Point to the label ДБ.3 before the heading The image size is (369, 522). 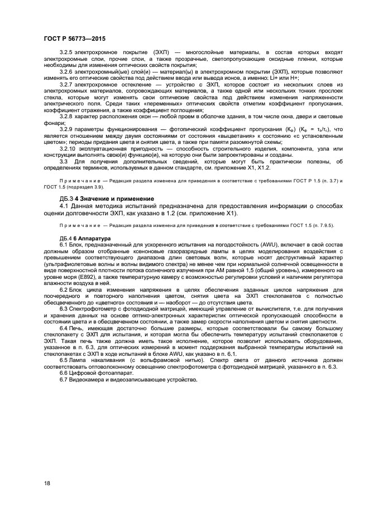(66, 199)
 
